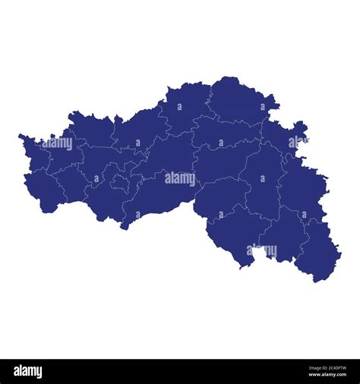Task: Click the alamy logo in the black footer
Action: (28, 372)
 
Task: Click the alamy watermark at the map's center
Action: (180, 178)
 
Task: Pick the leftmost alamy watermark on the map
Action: (58, 143)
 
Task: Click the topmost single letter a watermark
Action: (264, 106)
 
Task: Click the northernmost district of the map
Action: (235, 99)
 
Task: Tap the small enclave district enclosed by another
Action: (121, 182)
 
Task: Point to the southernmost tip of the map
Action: (314, 282)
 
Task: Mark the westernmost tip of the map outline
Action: (19, 137)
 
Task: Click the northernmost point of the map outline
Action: (228, 77)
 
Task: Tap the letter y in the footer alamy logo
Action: (39, 373)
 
